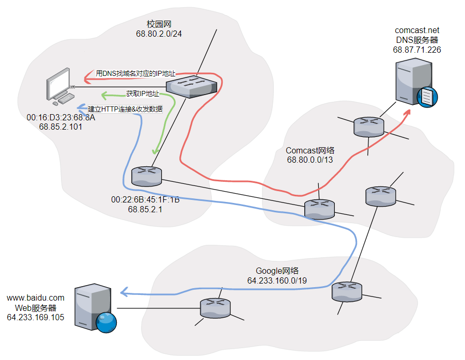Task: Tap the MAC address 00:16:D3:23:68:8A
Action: pyautogui.click(x=61, y=118)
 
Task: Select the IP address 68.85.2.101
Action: pyautogui.click(x=61, y=127)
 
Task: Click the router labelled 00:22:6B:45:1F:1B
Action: pyautogui.click(x=147, y=176)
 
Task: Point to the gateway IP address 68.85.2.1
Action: pyautogui.click(x=145, y=210)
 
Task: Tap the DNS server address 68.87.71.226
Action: pyautogui.click(x=417, y=50)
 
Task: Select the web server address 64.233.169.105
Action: pyautogui.click(x=36, y=317)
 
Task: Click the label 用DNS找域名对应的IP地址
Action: pyautogui.click(x=135, y=74)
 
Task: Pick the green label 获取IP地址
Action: pyautogui.click(x=143, y=94)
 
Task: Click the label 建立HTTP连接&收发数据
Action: pyautogui.click(x=126, y=109)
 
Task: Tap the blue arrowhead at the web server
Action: pyautogui.click(x=123, y=292)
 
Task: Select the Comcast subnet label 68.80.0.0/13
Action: pyautogui.click(x=310, y=160)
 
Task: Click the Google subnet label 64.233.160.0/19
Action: pyautogui.click(x=277, y=280)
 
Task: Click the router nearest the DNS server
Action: pyautogui.click(x=369, y=126)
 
